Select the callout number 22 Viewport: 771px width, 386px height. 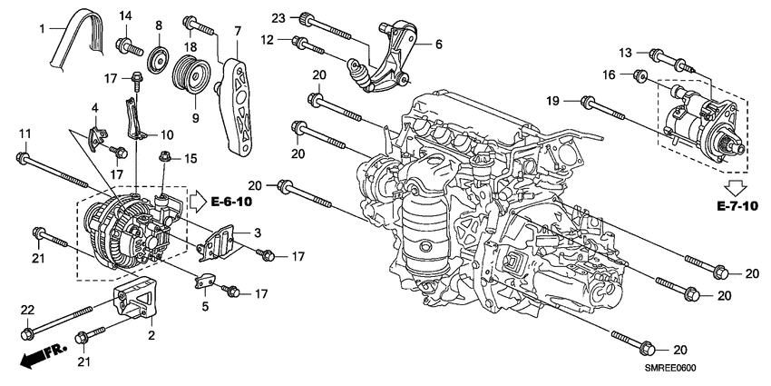pos(26,311)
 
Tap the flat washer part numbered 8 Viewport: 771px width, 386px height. pos(159,58)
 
